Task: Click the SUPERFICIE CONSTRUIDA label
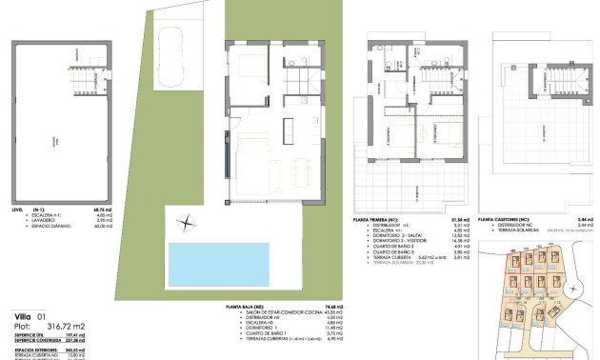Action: (x=34, y=341)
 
